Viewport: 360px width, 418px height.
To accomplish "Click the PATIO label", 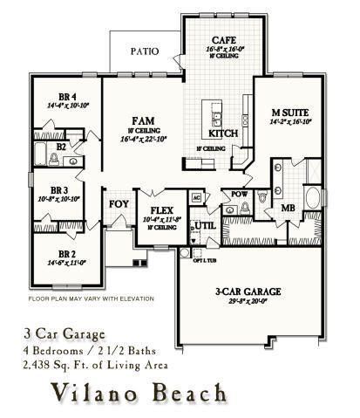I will pos(144,51).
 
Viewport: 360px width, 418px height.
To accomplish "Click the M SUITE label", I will pos(286,113).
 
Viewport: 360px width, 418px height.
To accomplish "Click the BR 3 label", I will pos(59,189).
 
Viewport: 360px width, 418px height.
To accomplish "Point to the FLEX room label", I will pos(161,210).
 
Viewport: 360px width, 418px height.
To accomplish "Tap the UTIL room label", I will pos(205,225).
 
